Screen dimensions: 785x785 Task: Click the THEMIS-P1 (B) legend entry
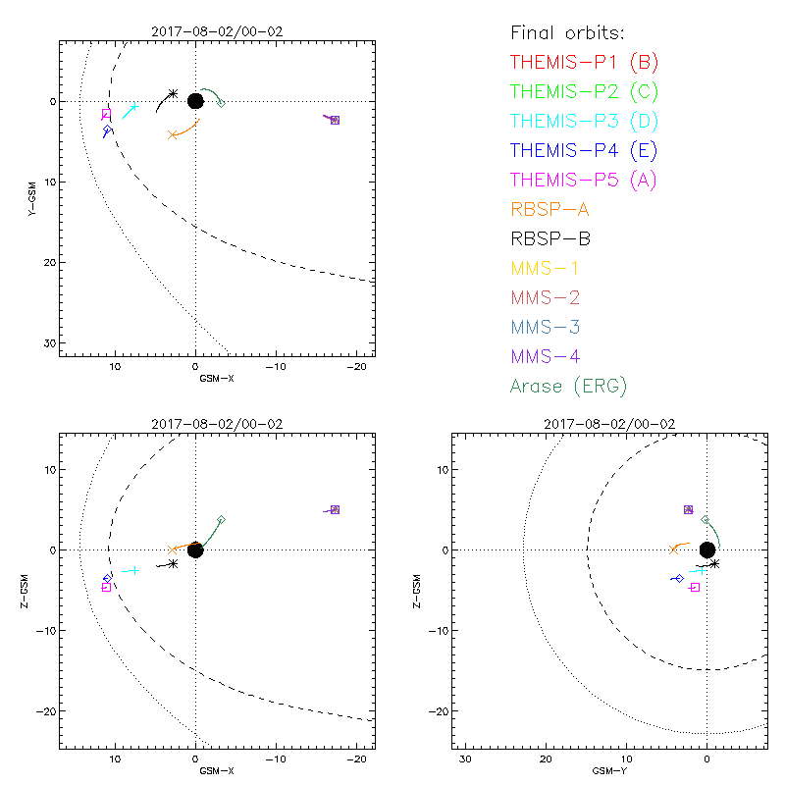tap(584, 62)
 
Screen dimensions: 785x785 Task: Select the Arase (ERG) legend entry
tap(568, 386)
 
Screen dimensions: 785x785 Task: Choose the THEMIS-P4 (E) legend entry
tap(583, 150)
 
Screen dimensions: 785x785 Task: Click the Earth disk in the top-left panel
tap(195, 101)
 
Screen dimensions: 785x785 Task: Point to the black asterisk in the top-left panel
tap(173, 93)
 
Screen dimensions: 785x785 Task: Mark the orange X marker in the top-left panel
tap(172, 134)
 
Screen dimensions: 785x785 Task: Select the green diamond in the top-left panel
tap(221, 103)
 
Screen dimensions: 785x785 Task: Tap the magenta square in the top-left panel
tap(106, 115)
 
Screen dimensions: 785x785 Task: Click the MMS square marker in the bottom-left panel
tap(335, 509)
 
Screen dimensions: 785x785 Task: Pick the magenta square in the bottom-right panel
tap(695, 587)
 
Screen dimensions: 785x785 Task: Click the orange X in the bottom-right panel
tap(673, 550)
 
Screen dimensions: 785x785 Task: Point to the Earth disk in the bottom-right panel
tap(706, 549)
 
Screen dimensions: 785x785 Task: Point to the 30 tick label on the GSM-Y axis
tap(466, 759)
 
